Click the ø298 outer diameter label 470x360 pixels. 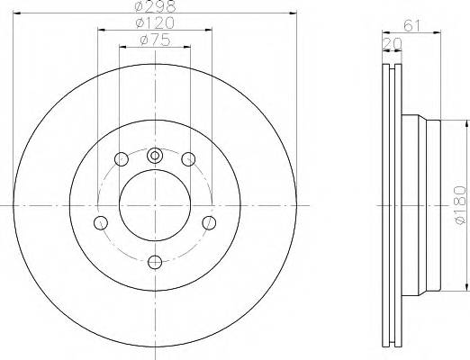[x=154, y=6]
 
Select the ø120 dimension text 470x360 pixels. [x=154, y=22]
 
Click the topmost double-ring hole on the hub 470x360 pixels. [x=155, y=154]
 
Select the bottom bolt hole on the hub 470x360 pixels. [x=155, y=261]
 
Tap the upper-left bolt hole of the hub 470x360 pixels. [x=122, y=160]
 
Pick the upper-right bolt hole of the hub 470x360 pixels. [x=188, y=160]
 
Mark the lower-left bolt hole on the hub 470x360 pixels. [x=101, y=223]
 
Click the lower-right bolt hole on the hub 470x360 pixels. [x=209, y=222]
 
